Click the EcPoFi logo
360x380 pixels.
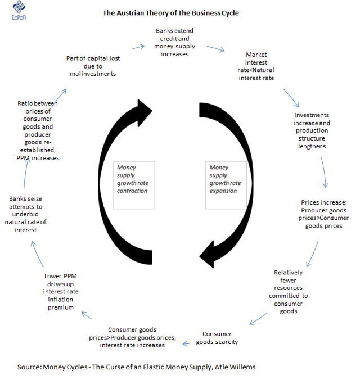point(19,10)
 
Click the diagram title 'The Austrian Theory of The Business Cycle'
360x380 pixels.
point(171,13)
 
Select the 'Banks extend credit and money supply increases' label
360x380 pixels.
point(175,42)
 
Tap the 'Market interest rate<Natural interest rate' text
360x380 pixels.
point(256,66)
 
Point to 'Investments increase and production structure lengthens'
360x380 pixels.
point(312,130)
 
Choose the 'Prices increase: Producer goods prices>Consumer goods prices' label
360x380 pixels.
point(323,214)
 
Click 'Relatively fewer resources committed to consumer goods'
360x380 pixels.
point(288,292)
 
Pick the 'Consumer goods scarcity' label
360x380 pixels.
point(217,338)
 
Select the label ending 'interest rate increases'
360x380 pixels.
point(132,337)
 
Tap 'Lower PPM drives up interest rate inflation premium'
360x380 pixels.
point(60,292)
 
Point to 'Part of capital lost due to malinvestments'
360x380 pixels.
point(93,66)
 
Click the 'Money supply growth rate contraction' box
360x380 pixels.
point(133,185)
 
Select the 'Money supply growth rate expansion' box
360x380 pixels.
point(226,185)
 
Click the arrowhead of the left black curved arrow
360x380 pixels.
point(145,112)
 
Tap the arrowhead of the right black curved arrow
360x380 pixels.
point(206,255)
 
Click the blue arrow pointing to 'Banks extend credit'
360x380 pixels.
point(138,47)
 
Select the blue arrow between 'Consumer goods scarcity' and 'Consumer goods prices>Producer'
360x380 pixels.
point(186,343)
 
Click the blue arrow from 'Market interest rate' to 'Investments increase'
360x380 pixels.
point(291,98)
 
